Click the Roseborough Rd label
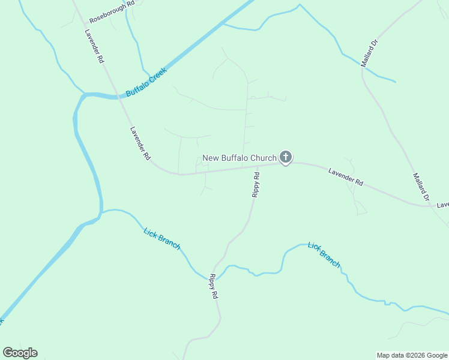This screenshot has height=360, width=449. point(112,11)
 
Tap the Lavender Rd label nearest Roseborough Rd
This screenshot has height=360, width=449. point(95,47)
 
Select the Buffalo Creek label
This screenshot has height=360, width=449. point(145,83)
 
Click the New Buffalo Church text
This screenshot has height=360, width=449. point(239,158)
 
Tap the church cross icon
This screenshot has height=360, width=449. point(286,158)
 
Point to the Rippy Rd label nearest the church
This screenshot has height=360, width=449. point(255,185)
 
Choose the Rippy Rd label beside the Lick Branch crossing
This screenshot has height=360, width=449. point(213,286)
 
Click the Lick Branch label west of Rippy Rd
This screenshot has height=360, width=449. point(161,238)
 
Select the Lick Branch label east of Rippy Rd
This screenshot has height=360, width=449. point(324,254)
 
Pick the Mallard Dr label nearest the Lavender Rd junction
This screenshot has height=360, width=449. point(421,187)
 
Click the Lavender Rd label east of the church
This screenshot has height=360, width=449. point(346,176)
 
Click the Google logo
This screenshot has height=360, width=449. point(20,353)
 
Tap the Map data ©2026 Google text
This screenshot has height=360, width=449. point(412,355)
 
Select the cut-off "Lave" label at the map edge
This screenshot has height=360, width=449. point(442,205)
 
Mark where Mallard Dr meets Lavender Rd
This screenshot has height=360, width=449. point(433,206)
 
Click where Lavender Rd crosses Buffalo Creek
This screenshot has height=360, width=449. point(118,96)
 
